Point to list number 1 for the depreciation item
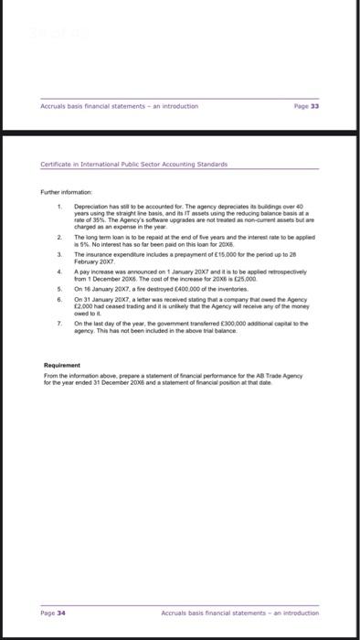58,207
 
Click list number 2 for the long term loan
58,235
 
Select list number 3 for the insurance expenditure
58,252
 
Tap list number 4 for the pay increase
58,271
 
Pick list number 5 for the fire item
58,288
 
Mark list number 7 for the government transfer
58,324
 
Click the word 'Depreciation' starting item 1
89,207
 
